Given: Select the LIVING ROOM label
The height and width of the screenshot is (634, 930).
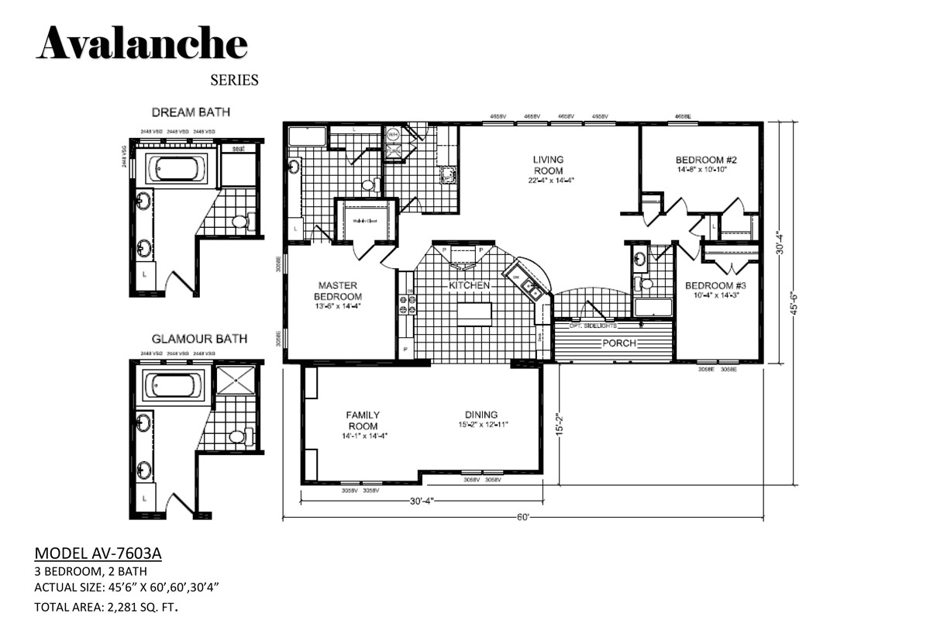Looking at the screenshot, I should pyautogui.click(x=547, y=165).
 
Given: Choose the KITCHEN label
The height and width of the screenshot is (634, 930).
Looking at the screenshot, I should pyautogui.click(x=470, y=285).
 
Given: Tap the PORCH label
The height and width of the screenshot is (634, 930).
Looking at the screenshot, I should pyautogui.click(x=619, y=343).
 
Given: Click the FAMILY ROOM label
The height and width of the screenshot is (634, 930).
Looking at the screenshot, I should pyautogui.click(x=363, y=420).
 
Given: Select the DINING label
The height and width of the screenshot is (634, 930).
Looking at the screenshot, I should pyautogui.click(x=480, y=415).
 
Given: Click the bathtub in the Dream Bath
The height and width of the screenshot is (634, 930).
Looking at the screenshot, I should pyautogui.click(x=177, y=167).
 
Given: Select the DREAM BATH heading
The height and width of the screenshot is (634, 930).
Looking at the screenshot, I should pyautogui.click(x=191, y=112).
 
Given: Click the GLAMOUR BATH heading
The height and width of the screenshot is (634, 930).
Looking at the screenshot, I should pyautogui.click(x=199, y=338).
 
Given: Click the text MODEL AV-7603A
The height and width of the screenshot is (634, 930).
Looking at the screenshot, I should pyautogui.click(x=98, y=553).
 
